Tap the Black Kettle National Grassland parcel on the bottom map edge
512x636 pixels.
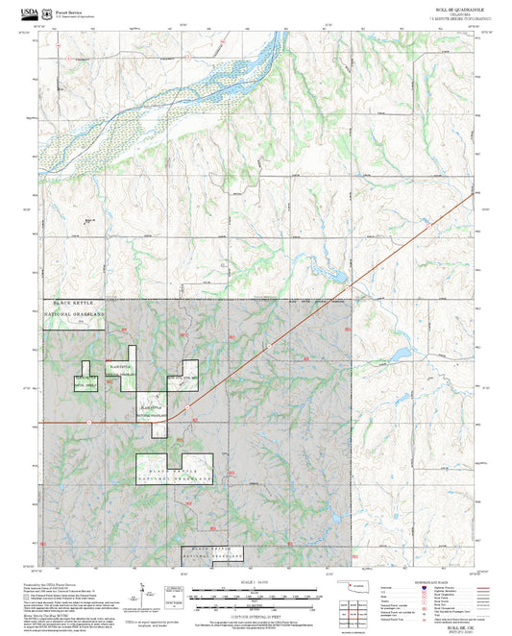pyautogui.click(x=212, y=553)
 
